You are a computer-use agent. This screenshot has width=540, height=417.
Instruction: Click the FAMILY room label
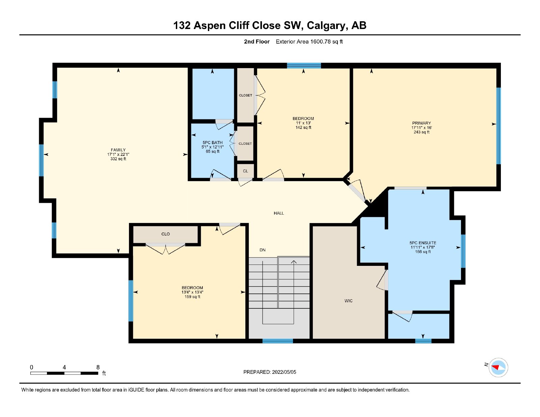[118, 150]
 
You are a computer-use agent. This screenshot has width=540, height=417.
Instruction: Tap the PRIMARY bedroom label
[422, 123]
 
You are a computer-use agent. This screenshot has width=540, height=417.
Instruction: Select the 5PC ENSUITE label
[423, 243]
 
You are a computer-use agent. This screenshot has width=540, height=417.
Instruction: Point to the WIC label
[348, 301]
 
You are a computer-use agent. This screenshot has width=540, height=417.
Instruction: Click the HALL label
[279, 213]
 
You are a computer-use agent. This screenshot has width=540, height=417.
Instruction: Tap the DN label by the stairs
[263, 250]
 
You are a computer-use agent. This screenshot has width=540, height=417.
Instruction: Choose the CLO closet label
[165, 234]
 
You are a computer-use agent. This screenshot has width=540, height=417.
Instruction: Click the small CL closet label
[245, 171]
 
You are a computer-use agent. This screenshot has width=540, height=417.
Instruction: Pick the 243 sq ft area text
[422, 132]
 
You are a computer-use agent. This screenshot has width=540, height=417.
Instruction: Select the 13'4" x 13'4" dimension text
[192, 292]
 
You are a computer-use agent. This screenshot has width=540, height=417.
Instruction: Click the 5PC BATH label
[213, 143]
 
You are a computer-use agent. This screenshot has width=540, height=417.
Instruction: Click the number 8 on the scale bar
[98, 367]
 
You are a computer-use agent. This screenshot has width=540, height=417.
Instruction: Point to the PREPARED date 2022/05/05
[284, 372]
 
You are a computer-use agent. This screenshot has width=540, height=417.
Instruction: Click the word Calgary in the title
[326, 26]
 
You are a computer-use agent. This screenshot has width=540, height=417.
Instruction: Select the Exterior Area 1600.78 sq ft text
[309, 41]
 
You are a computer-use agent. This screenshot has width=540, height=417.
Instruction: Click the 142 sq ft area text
[303, 128]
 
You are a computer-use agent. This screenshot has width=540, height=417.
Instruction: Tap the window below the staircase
[277, 341]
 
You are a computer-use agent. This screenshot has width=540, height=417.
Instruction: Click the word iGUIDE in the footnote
[136, 390]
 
